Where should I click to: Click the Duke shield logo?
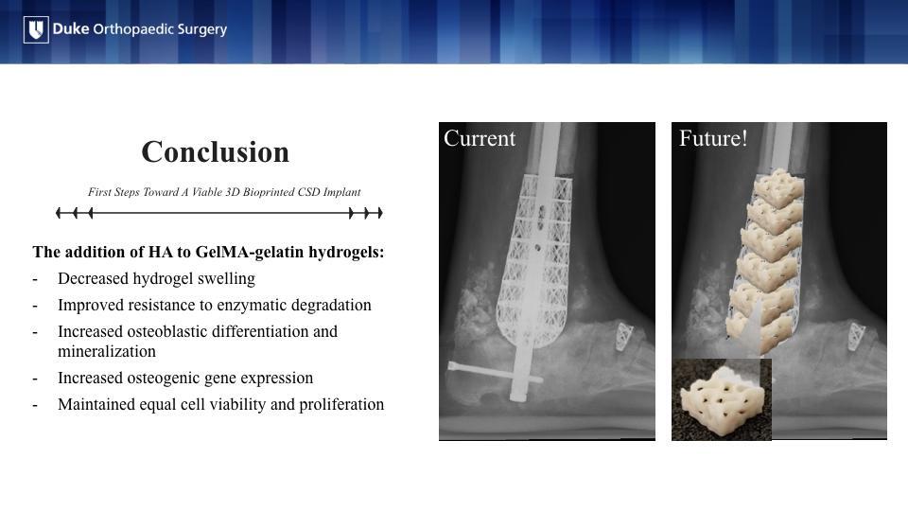coord(36,29)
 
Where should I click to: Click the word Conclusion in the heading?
coord(216,151)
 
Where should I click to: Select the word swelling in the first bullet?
coord(226,279)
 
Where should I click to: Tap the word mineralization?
coord(107,351)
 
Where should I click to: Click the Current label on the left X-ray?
coord(480,138)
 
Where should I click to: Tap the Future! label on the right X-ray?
coord(713,138)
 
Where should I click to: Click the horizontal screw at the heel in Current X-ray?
coord(495,373)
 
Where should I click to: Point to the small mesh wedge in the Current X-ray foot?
coord(623,337)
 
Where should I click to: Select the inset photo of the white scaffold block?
coord(722,399)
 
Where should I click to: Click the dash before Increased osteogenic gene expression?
coord(35,379)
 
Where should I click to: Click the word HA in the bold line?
coord(161,253)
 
